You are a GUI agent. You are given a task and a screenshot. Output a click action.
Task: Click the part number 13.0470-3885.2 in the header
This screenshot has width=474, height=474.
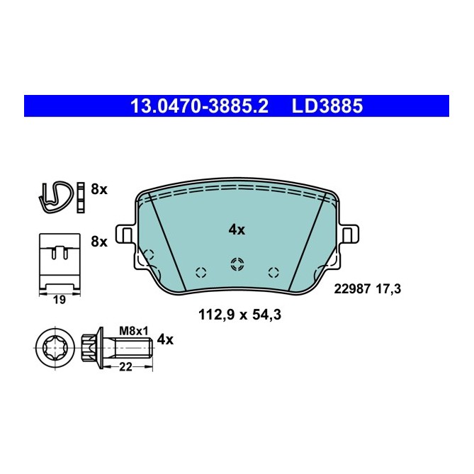pos(200,106)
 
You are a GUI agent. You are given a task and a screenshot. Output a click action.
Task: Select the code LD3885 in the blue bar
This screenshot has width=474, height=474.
pos(327,106)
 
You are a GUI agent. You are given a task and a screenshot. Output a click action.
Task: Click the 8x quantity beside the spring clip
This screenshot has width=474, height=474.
pos(98,189)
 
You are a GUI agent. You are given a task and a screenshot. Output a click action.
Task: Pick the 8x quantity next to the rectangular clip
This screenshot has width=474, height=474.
pos(98,242)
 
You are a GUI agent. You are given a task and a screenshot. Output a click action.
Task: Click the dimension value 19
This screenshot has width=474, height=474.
pos(60,300)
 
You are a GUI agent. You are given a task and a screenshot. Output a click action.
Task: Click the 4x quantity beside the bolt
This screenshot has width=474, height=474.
pos(164,339)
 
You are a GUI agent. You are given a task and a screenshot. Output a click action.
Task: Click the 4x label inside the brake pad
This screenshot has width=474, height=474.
pos(237,230)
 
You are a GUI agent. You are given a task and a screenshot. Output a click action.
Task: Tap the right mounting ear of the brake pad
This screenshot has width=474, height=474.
pos(349,235)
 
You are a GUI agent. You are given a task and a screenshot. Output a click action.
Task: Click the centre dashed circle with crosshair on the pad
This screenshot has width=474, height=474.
pos(237,264)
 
